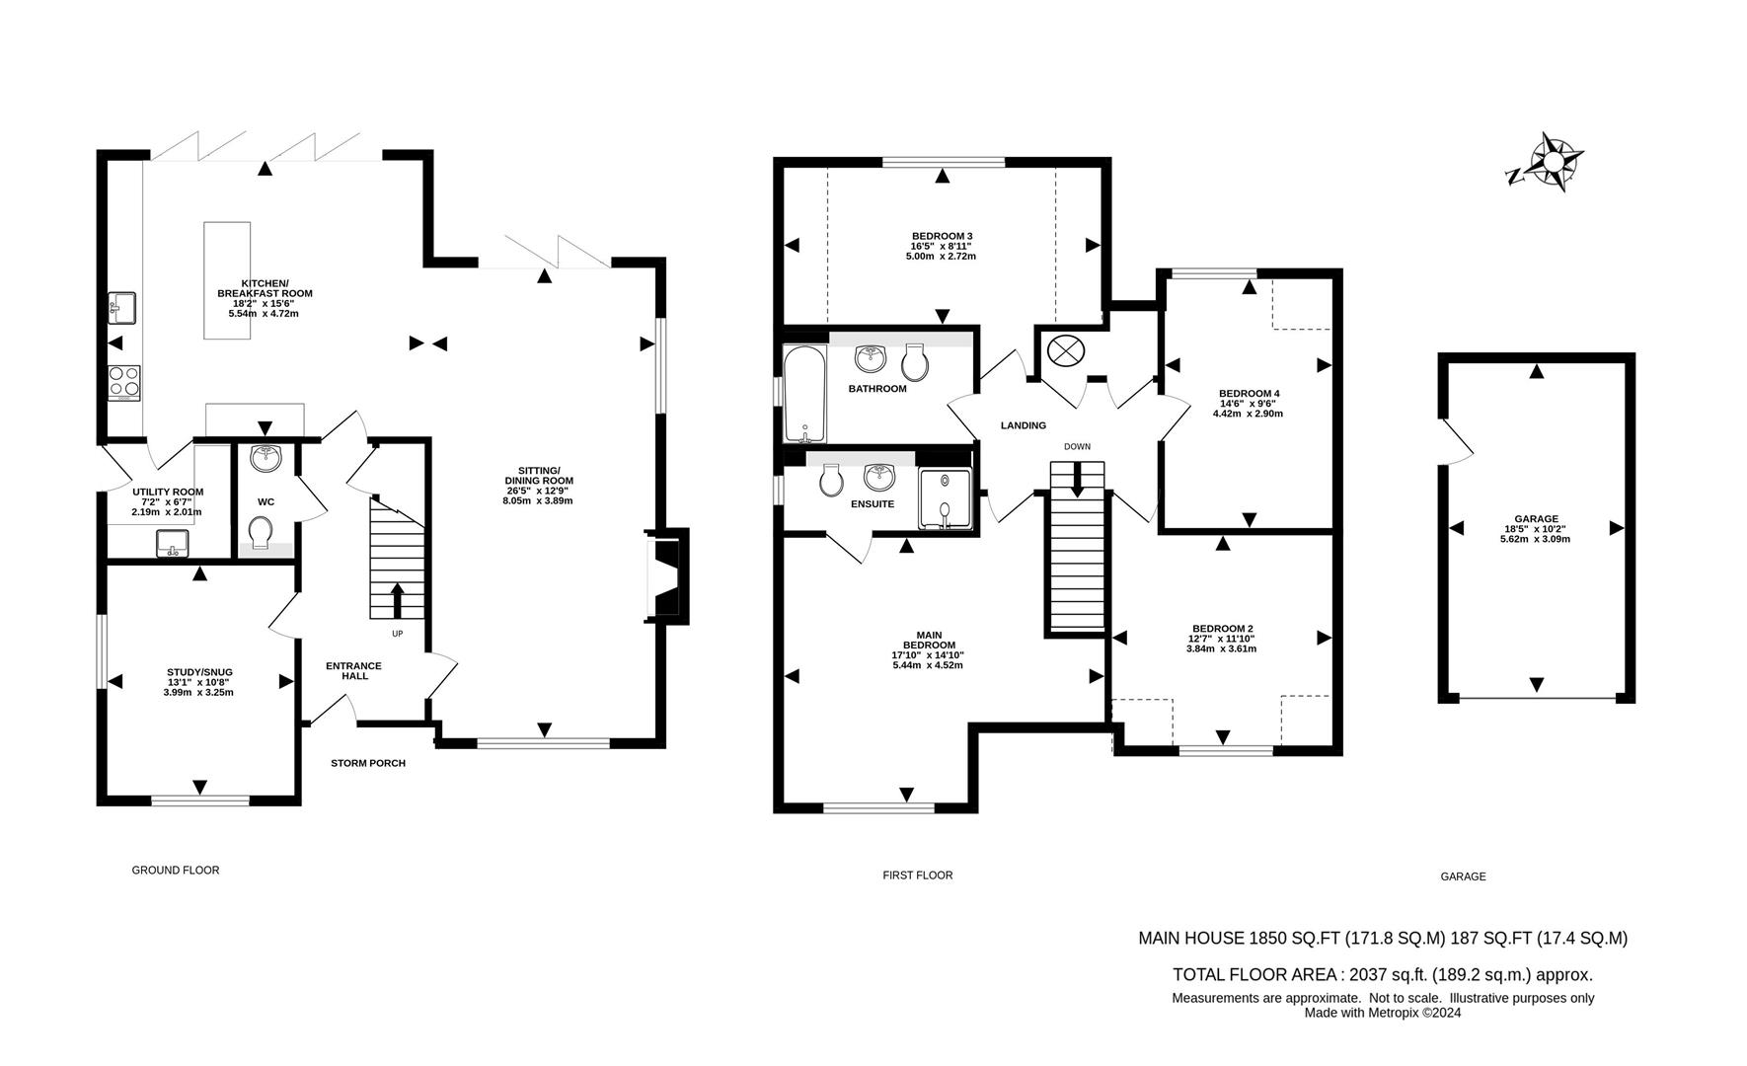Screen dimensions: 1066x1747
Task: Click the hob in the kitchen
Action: click(x=123, y=381)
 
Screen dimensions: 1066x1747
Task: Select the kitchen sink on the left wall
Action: click(x=121, y=307)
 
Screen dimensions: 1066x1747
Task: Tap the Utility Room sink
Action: click(x=173, y=543)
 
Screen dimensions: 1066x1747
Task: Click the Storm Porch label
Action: click(x=367, y=763)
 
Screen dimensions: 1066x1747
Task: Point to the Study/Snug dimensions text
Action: click(x=199, y=687)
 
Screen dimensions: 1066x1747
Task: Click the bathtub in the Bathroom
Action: click(x=803, y=394)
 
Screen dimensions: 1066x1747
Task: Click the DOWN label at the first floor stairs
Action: click(x=1077, y=446)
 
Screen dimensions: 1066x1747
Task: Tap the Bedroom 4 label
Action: click(x=1249, y=393)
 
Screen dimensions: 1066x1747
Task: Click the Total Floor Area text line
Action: click(x=1382, y=974)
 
